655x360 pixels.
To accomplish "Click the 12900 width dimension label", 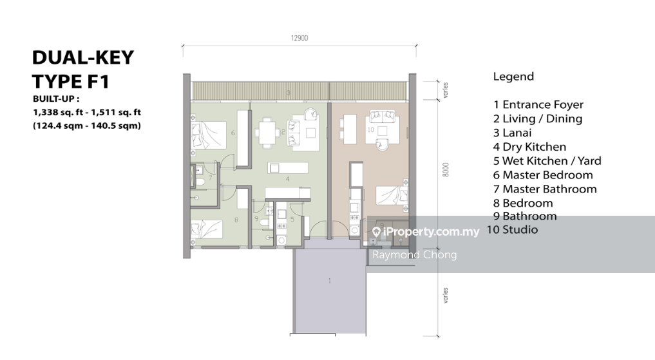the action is click(299, 38).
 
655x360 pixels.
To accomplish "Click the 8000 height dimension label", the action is click(446, 170).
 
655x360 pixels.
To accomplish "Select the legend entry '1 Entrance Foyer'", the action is click(538, 104).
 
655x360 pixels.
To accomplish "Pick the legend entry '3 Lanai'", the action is click(512, 133).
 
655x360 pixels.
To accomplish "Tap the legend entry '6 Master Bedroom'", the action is click(543, 175).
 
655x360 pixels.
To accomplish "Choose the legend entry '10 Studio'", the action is click(512, 230).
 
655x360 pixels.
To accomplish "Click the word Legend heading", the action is click(513, 77).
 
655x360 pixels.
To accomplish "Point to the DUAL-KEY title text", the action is click(83, 57).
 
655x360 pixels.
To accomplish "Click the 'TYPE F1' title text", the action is click(71, 81).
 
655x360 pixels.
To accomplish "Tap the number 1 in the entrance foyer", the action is click(330, 281).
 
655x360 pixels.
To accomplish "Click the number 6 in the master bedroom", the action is click(233, 133).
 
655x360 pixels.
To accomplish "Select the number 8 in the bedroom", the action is click(236, 220).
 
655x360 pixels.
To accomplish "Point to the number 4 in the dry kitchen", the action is click(287, 179).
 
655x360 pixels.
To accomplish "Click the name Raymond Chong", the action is click(414, 255).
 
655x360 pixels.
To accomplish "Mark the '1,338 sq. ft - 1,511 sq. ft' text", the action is click(87, 112).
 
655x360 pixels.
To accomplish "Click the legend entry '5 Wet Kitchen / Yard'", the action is click(547, 161).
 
